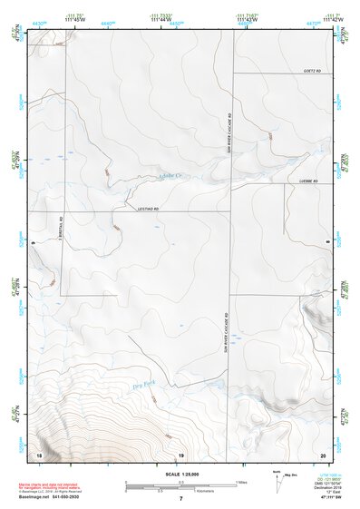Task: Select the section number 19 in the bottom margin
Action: (180, 454)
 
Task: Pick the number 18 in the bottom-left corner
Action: (38, 454)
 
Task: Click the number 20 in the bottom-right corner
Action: (323, 454)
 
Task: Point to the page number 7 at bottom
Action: (180, 500)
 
